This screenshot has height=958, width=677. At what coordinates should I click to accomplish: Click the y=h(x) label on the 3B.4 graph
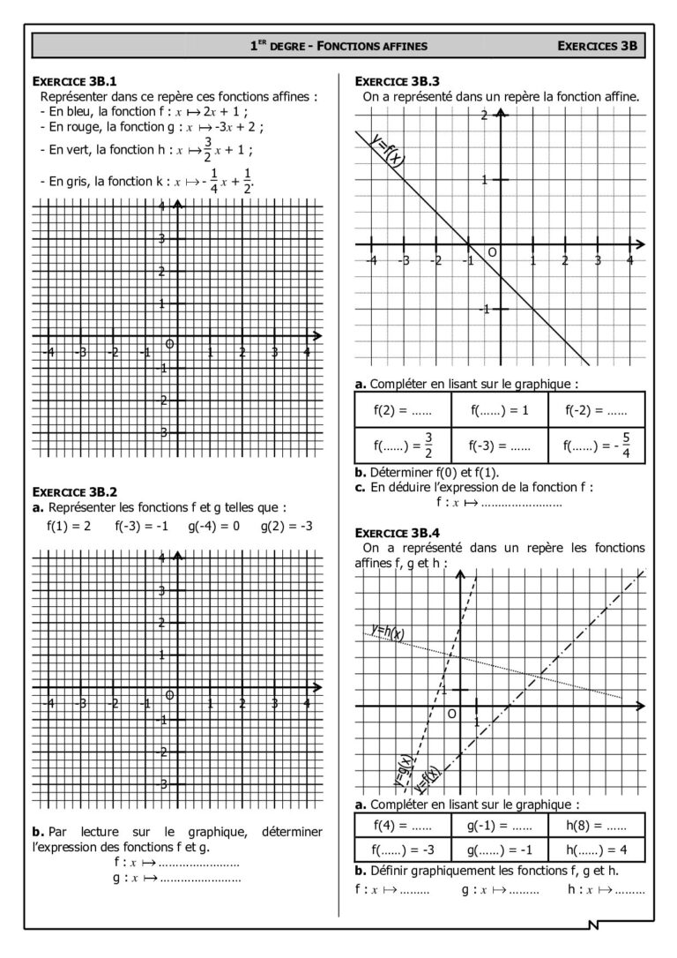[x=389, y=632]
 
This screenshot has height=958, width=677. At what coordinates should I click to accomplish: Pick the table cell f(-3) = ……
[x=500, y=446]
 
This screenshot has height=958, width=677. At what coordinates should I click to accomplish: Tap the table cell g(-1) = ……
[x=499, y=827]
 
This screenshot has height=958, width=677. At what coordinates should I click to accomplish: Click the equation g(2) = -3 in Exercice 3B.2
[x=286, y=528]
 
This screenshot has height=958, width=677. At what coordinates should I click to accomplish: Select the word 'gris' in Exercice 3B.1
[x=71, y=181]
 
